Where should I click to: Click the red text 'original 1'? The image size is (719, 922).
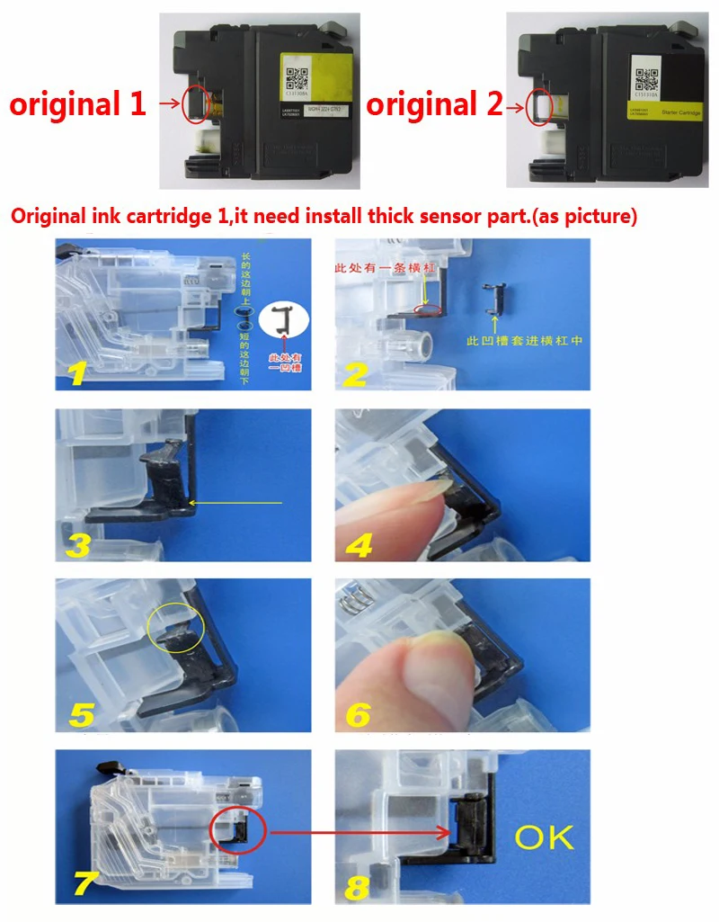pos(77,104)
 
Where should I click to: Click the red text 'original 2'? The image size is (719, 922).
pos(434,104)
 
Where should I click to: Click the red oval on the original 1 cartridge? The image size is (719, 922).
pos(195,104)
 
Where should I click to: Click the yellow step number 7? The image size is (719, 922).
pos(81,883)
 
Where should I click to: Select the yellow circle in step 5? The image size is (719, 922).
pos(176,627)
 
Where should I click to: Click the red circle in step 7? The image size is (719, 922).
pos(238,832)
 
